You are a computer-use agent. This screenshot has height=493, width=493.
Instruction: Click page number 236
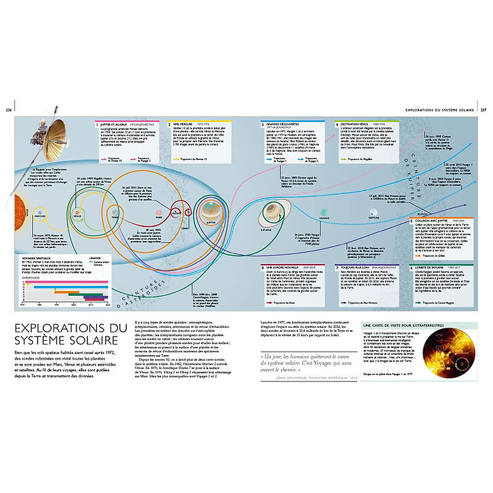click(8, 110)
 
